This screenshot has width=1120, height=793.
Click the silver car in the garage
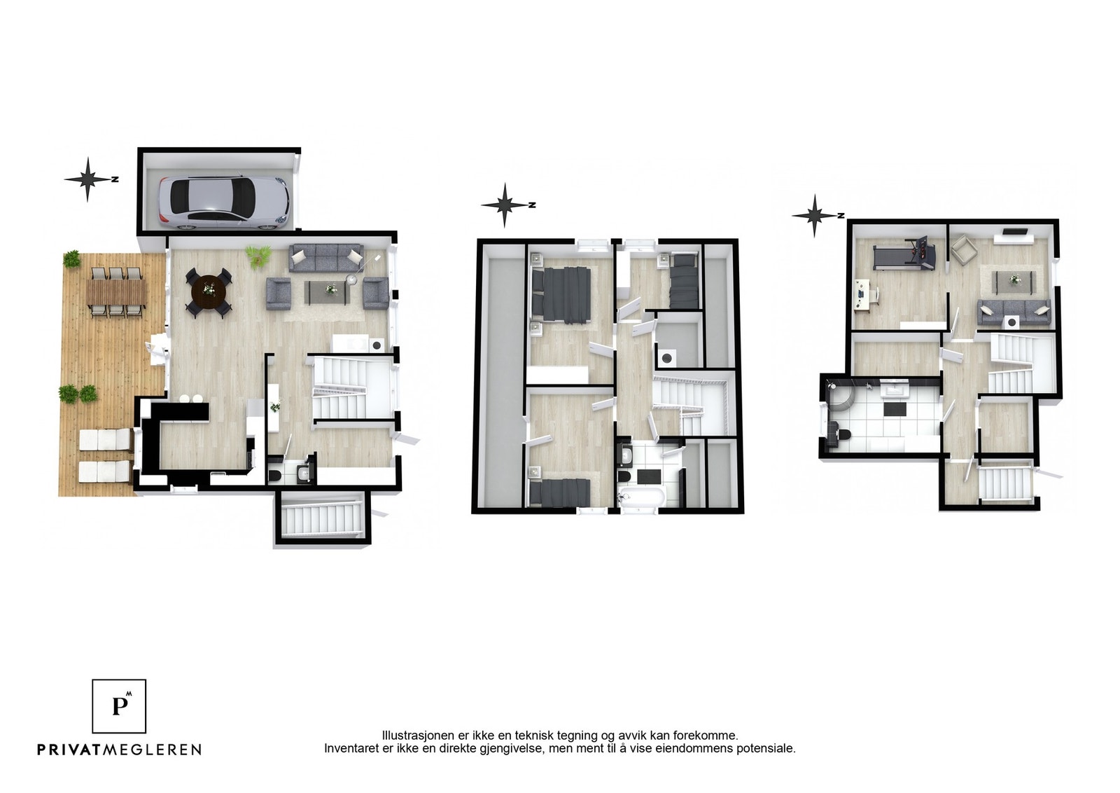(224, 203)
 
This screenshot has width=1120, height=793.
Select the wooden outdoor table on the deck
(116, 293)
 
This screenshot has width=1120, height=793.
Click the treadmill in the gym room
(904, 254)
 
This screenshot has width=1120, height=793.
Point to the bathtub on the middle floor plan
(641, 498)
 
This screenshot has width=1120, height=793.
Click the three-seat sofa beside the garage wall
(326, 258)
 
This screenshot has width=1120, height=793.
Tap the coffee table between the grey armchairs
(327, 292)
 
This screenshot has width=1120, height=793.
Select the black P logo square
(119, 706)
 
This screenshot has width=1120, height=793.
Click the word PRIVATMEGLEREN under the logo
(120, 750)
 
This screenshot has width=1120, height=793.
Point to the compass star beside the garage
(88, 179)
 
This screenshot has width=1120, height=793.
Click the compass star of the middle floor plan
(505, 205)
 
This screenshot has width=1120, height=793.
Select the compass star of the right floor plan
(815, 216)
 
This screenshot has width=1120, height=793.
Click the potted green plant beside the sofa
(258, 255)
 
